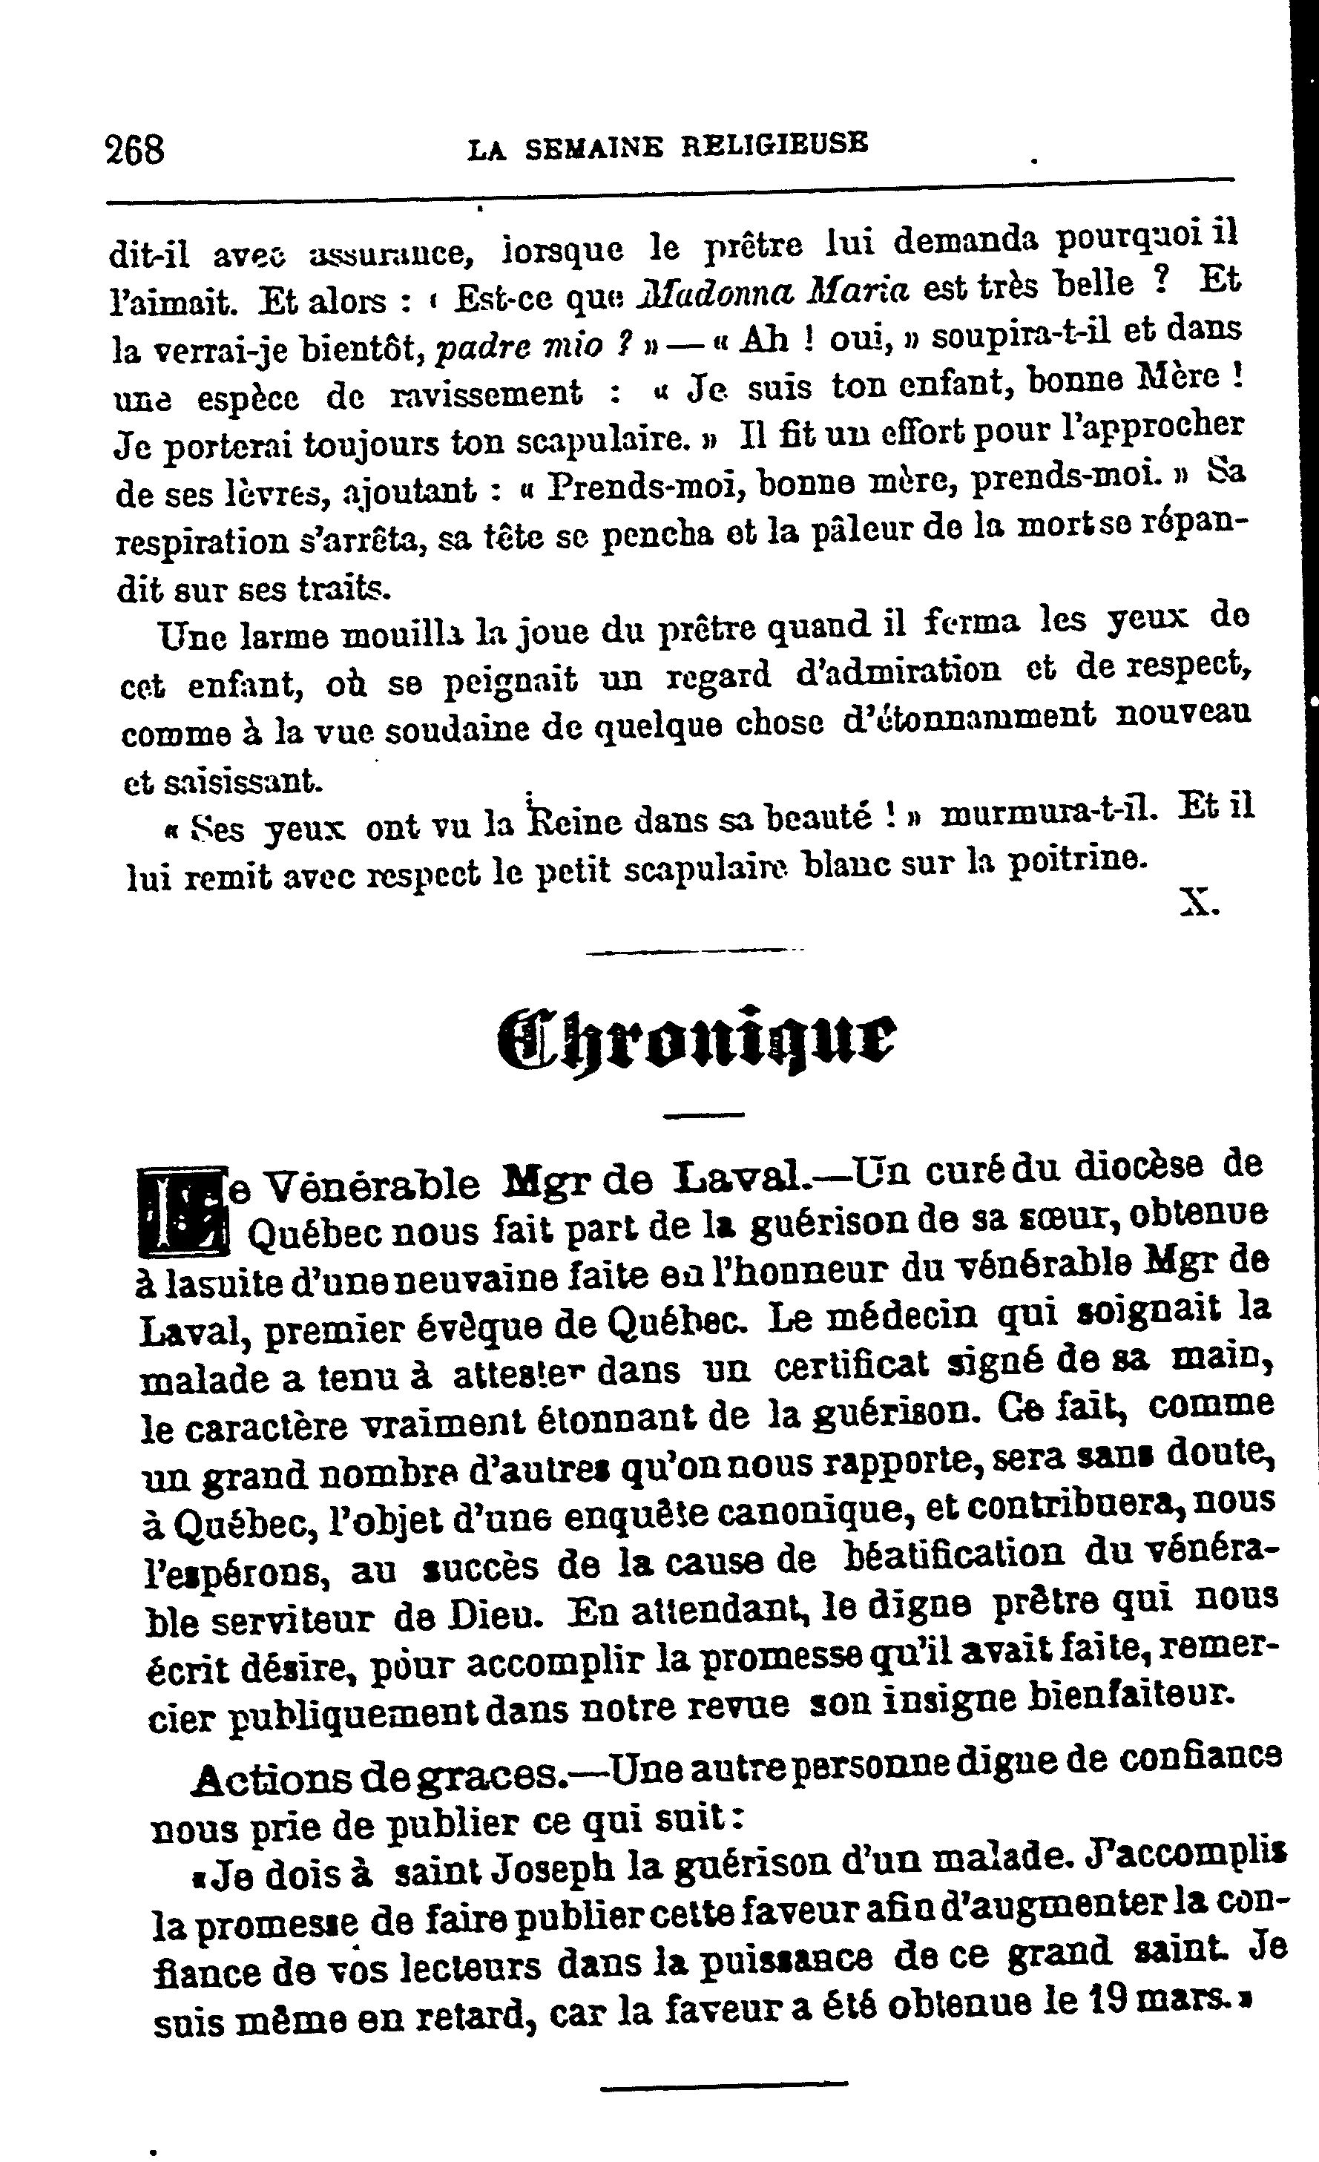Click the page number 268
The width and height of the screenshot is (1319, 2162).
tap(134, 149)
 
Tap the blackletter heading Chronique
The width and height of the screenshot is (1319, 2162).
tap(695, 1037)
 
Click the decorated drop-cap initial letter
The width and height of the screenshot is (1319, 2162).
tap(182, 1211)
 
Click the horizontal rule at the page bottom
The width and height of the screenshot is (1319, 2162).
tap(724, 2084)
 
